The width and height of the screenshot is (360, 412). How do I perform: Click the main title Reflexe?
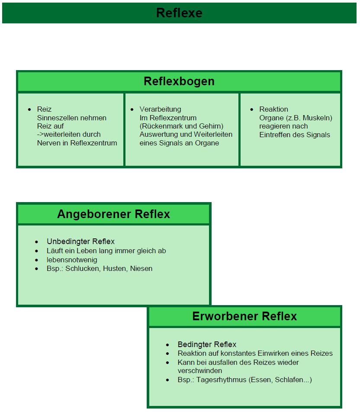click(179, 13)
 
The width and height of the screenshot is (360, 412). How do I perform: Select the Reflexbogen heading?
click(179, 81)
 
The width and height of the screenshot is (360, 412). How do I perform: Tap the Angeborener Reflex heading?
click(113, 214)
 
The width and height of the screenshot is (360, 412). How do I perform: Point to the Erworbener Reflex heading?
click(244, 316)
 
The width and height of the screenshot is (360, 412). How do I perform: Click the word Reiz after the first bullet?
click(44, 109)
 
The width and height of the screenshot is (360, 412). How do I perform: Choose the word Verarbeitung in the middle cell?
click(160, 109)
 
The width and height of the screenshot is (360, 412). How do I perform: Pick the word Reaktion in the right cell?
click(273, 109)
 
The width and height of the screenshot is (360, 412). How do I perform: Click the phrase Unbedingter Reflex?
click(80, 241)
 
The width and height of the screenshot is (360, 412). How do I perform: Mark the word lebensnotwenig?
click(72, 260)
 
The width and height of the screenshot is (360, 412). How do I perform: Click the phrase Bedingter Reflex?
click(207, 344)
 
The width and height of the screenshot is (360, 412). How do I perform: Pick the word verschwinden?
click(199, 370)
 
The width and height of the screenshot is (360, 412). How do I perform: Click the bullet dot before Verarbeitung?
click(132, 109)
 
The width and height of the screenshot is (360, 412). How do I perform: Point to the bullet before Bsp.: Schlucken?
click(37, 269)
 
